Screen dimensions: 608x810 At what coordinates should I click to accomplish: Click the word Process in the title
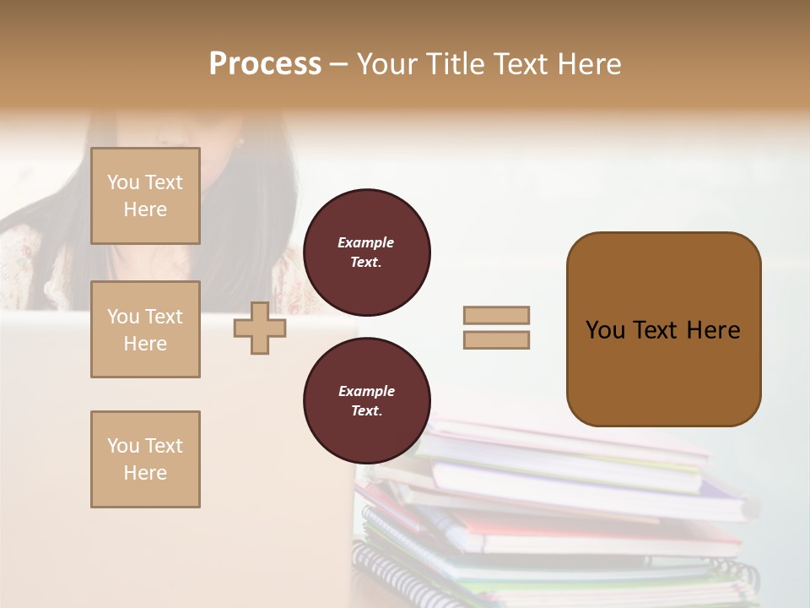265,64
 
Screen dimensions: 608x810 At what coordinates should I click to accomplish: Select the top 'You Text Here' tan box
145,196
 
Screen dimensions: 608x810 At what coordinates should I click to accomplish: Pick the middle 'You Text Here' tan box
145,329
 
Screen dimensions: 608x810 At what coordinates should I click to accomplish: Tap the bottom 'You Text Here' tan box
145,459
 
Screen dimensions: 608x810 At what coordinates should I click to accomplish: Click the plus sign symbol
259,328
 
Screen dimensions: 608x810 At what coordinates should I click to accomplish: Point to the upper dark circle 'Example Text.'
367,252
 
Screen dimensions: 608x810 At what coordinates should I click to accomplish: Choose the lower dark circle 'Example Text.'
367,401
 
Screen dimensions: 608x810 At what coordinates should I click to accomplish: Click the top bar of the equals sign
497,315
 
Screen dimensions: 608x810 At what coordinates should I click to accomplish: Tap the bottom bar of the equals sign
497,339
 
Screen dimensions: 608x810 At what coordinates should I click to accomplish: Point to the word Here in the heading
588,64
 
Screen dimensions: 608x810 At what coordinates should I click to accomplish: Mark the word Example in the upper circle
365,243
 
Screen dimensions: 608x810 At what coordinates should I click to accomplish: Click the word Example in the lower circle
365,392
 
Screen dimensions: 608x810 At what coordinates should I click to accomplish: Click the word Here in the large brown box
713,330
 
